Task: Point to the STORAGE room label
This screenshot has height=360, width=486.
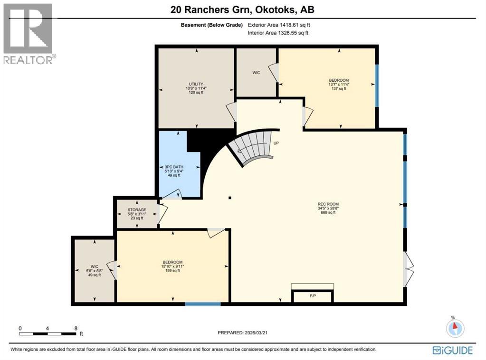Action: [x=136, y=209]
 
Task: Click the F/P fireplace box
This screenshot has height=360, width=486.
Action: [x=313, y=296]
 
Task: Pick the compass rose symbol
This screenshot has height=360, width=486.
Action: [x=455, y=328]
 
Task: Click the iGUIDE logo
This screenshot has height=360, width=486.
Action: [x=452, y=351]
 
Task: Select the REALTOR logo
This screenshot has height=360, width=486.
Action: [x=29, y=34]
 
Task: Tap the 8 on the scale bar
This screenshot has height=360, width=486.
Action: [x=76, y=328]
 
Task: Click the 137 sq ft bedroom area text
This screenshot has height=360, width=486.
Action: [x=339, y=89]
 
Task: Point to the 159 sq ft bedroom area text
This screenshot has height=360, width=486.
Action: [x=172, y=271]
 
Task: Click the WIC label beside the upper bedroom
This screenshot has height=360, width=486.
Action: [x=256, y=73]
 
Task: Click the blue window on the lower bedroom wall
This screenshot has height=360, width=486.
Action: [x=202, y=303]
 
